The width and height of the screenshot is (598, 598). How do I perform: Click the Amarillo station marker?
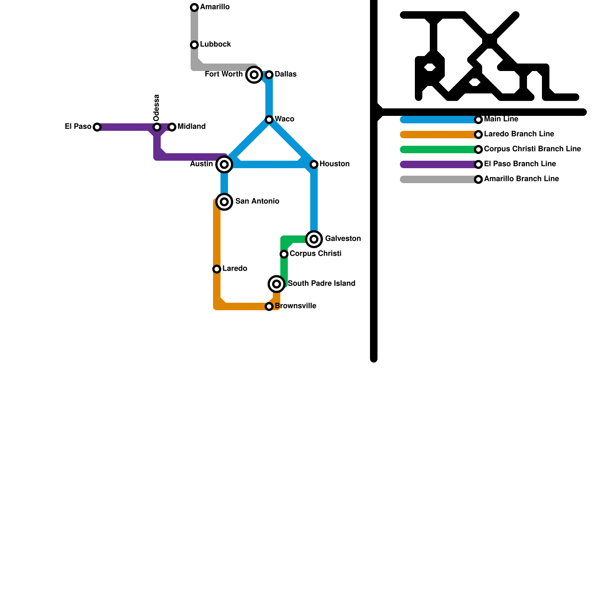click(194, 7)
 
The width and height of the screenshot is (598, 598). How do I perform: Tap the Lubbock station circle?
click(194, 45)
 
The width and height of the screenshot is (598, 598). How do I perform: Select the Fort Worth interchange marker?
click(254, 75)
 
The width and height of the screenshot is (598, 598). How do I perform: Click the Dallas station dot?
click(269, 75)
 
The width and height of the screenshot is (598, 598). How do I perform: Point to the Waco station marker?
click(269, 120)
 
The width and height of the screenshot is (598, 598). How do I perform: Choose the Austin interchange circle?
click(224, 164)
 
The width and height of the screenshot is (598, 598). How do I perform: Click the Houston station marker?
click(314, 164)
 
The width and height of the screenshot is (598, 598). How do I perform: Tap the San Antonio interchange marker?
click(224, 202)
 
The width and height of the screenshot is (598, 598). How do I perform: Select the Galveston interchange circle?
click(314, 239)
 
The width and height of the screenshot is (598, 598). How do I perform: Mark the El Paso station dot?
click(97, 127)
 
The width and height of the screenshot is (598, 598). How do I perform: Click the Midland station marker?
click(172, 127)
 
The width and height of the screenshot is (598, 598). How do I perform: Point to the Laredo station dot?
click(217, 269)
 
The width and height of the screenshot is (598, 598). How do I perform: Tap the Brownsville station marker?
click(269, 306)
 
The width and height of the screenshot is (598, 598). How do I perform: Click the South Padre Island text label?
click(321, 284)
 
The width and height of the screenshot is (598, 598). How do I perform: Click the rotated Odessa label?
click(157, 108)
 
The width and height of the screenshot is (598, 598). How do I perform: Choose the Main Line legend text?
click(501, 119)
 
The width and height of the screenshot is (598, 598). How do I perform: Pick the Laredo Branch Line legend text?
click(519, 134)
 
